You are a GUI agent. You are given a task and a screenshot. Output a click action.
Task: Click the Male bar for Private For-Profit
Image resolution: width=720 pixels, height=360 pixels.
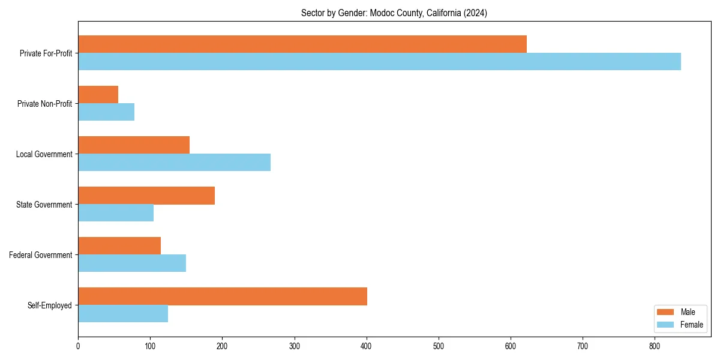[x=302, y=44]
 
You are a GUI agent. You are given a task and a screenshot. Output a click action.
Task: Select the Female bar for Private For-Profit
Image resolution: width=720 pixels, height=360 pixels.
[x=379, y=62]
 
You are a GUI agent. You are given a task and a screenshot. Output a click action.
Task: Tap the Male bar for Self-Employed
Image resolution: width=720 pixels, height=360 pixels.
[x=223, y=296]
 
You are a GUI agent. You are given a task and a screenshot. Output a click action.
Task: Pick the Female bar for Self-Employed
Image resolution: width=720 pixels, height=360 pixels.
[x=123, y=314]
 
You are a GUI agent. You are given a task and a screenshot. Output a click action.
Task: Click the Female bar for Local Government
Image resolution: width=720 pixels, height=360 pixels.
[x=174, y=163]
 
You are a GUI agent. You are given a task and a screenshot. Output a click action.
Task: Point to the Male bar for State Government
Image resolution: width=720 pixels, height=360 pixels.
[x=146, y=196]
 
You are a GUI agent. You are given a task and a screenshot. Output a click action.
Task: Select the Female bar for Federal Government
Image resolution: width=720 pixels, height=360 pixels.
[x=132, y=263]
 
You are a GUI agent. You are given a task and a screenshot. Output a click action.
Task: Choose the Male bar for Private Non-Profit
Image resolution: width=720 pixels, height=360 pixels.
[x=98, y=95]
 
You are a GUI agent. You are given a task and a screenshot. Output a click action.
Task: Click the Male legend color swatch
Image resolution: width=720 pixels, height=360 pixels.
[x=666, y=312]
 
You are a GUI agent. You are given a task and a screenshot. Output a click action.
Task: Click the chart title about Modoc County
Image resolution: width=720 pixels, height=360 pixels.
[x=394, y=13]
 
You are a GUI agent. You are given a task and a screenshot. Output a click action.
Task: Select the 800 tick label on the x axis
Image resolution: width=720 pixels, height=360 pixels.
[x=655, y=346]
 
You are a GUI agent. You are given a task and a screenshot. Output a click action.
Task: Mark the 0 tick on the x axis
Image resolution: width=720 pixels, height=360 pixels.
[x=78, y=346]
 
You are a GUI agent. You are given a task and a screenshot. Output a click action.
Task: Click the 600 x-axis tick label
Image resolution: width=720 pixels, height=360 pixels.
[x=511, y=346]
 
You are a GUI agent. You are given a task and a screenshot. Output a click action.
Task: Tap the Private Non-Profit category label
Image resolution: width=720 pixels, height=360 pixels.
[x=44, y=104]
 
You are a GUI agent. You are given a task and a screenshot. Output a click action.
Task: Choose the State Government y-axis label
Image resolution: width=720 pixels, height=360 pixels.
[x=44, y=205]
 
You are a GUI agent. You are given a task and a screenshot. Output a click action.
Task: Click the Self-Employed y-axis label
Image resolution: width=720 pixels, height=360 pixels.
[x=50, y=305]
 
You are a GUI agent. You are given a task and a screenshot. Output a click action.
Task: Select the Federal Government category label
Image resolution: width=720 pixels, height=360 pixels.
[x=41, y=255]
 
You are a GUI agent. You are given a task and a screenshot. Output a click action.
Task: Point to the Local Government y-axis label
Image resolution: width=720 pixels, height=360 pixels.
[x=44, y=154]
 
